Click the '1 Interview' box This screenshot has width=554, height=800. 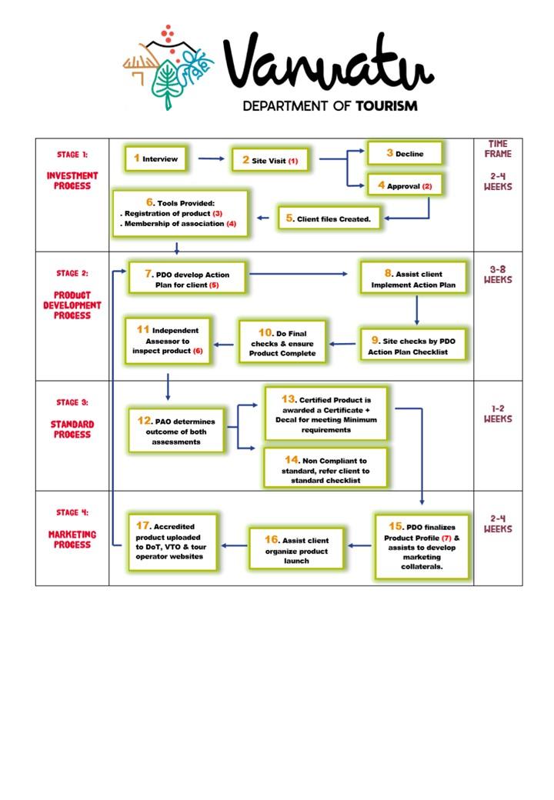coord(156,158)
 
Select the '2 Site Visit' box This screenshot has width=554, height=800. coord(270,161)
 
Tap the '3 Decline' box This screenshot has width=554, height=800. coord(405,153)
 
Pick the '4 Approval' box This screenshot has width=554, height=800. coord(405,185)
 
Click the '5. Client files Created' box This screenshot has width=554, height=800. coord(329,218)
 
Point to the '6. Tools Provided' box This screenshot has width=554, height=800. coord(180,213)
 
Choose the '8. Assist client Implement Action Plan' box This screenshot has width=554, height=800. coord(414,278)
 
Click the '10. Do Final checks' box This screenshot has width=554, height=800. coord(282,342)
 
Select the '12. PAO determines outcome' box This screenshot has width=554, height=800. coord(176,431)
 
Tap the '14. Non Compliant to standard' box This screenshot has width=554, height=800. coord(325,469)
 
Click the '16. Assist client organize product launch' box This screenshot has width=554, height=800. coord(296,548)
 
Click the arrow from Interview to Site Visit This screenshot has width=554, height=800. coord(211,158)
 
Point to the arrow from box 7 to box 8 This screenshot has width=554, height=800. coord(299,274)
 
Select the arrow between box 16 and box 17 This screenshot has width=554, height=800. coord(234,545)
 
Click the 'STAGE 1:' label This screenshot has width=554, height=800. coord(72,155)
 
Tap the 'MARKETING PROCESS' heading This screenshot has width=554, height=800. coord(72,539)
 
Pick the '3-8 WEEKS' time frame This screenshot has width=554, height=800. coord(498,275)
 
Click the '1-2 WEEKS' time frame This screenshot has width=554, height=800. coord(498,414)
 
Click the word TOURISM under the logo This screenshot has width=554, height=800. coord(386,106)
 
